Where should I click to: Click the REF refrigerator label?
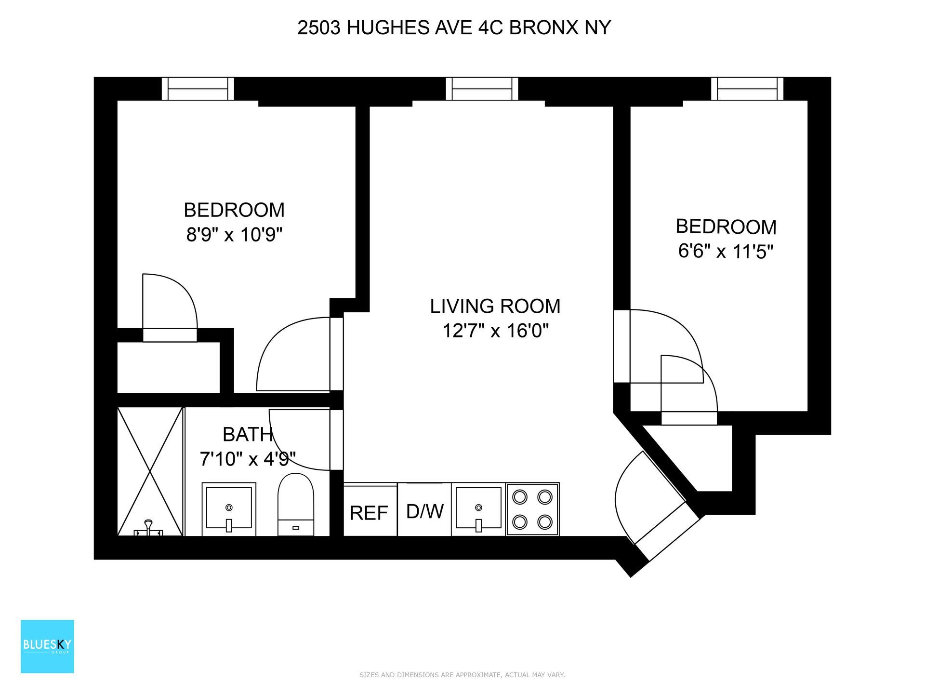pos(369,513)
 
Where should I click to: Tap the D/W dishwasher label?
pos(424,511)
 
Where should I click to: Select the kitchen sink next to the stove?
pos(478,509)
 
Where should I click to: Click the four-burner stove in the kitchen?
pos(532,509)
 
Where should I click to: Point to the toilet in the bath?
pos(296,504)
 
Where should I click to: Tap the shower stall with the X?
pos(150,471)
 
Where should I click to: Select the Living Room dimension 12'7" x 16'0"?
pos(495,331)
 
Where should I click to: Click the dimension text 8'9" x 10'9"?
pos(234,235)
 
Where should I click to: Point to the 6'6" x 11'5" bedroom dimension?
pos(726,252)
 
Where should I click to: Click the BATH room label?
pos(248,435)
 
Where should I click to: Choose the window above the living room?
pos(482,89)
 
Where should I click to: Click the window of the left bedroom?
pos(198,89)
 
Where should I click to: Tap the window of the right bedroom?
pos(747,89)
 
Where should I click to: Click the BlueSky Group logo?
pos(47,646)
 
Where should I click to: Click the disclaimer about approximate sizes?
pos(462,675)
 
